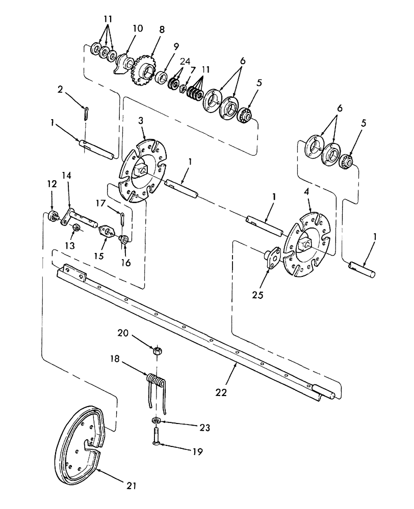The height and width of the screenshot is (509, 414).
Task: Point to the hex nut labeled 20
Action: [158, 351]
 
